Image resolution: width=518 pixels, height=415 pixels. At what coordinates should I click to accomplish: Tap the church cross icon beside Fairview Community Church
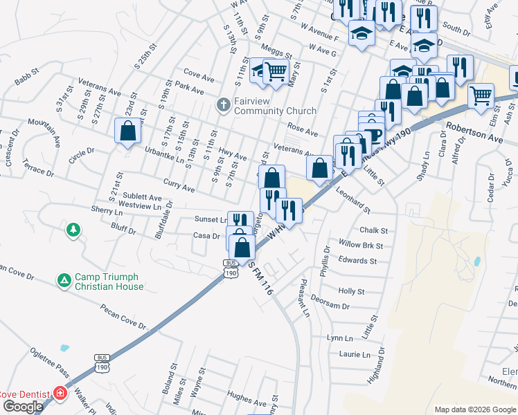click(223, 105)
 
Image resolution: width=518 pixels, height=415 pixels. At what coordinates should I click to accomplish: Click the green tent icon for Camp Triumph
click(64, 280)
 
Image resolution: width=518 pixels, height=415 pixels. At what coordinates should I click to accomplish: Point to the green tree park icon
click(73, 229)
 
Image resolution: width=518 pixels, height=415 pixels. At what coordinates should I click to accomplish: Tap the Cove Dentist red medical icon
click(60, 394)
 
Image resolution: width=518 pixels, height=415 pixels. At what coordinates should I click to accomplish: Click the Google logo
click(23, 407)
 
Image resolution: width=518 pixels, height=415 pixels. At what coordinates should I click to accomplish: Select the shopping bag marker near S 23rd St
click(128, 130)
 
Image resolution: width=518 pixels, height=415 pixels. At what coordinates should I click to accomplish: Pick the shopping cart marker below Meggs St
click(276, 70)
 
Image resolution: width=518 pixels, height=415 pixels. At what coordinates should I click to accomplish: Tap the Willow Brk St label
click(361, 246)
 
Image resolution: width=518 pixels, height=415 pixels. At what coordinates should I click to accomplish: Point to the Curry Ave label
click(179, 185)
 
